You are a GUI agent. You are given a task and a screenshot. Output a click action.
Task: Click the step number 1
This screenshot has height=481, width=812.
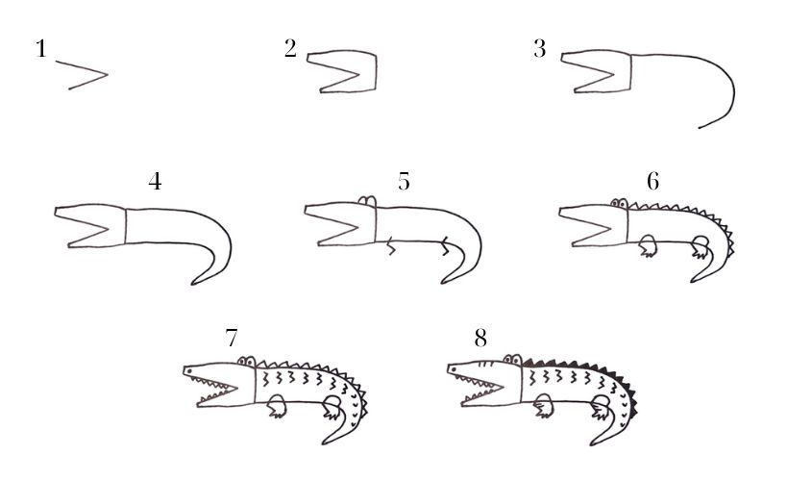pyautogui.click(x=41, y=49)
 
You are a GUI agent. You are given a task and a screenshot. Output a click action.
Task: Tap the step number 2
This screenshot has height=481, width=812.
pyautogui.click(x=290, y=48)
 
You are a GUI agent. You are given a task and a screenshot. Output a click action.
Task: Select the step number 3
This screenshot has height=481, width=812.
pyautogui.click(x=540, y=49)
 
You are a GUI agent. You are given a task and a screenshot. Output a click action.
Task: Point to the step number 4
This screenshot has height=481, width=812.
pyautogui.click(x=155, y=182)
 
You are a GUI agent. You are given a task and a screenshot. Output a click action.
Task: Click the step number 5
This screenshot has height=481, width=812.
pyautogui.click(x=404, y=182)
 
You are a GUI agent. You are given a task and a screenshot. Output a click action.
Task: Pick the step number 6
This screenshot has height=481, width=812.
pyautogui.click(x=653, y=182)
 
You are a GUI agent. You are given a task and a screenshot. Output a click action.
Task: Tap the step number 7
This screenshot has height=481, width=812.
pyautogui.click(x=232, y=338)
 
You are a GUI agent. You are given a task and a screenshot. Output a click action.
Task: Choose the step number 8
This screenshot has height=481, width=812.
pyautogui.click(x=480, y=339)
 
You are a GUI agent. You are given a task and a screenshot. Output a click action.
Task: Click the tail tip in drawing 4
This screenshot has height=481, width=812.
pyautogui.click(x=192, y=284)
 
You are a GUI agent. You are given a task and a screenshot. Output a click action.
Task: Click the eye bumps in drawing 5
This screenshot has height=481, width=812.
pyautogui.click(x=367, y=202)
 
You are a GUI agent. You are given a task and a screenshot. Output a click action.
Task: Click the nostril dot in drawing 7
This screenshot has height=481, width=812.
pyautogui.click(x=189, y=371)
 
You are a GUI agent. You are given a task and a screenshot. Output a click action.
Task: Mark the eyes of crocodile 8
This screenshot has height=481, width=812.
pyautogui.click(x=513, y=360)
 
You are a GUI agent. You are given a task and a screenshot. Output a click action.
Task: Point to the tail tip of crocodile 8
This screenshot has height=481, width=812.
pyautogui.click(x=592, y=443)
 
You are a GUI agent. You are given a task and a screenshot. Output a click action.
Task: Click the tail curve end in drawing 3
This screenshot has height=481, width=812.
pyautogui.click(x=700, y=128)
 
